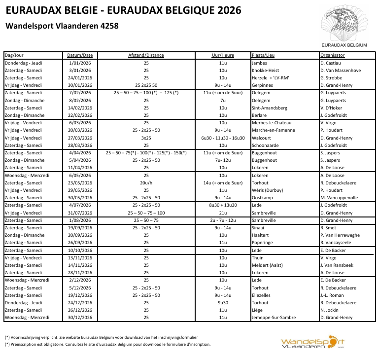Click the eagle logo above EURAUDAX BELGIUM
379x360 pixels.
(x=344, y=23)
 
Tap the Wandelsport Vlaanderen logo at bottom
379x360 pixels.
(x=312, y=343)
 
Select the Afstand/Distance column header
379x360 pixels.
(x=146, y=55)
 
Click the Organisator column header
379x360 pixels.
(x=332, y=55)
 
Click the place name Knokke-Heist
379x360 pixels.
(x=265, y=71)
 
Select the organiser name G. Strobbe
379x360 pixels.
(x=331, y=78)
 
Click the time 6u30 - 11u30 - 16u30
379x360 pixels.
(x=222, y=138)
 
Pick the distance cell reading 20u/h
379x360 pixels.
(x=146, y=183)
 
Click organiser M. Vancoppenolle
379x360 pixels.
(x=339, y=198)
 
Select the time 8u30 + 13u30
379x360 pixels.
(x=222, y=205)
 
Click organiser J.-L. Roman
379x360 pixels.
(x=332, y=295)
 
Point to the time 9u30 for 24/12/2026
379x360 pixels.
(x=222, y=303)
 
